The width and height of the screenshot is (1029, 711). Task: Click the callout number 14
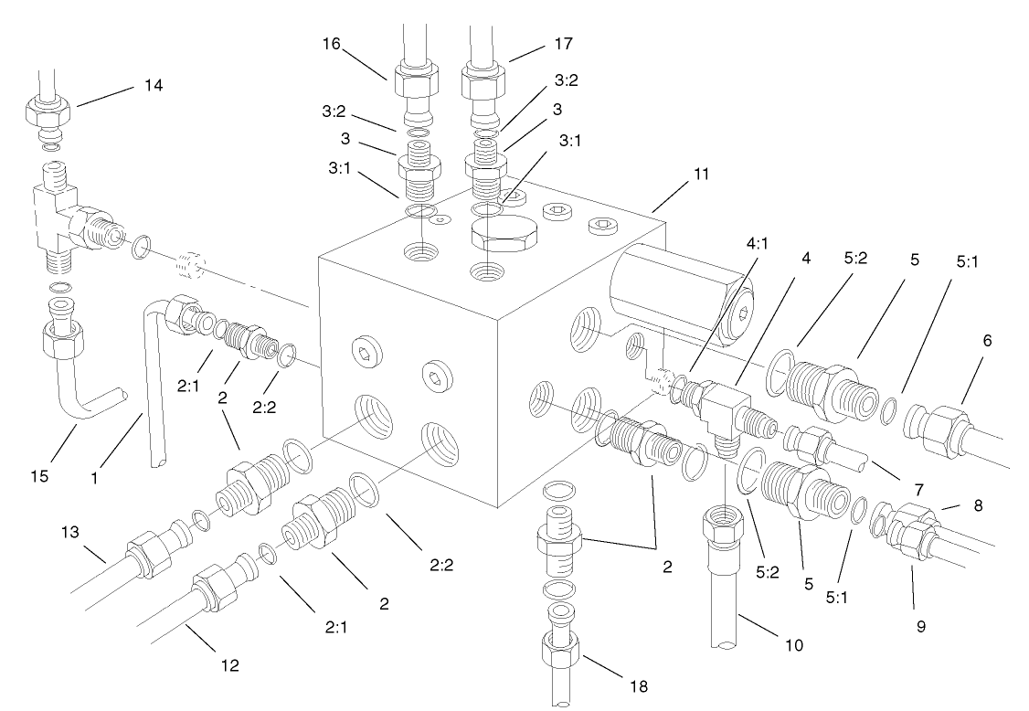click(x=152, y=85)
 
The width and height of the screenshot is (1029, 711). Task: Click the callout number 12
click(x=229, y=665)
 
